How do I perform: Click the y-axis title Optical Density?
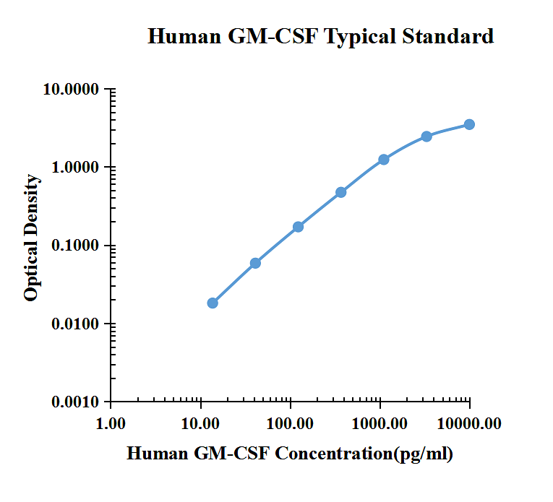(x=31, y=238)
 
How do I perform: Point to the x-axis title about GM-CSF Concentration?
(x=290, y=454)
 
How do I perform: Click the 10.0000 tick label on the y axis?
(x=70, y=90)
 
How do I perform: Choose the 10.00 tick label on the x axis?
(x=200, y=423)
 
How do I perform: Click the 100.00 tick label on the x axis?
(x=290, y=423)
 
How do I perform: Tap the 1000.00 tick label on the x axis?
(x=380, y=423)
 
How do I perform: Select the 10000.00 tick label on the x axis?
(x=469, y=423)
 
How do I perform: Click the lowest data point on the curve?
(x=213, y=303)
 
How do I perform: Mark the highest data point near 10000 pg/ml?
(x=469, y=124)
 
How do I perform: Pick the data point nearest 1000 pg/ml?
(x=384, y=159)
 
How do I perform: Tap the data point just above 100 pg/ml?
(x=298, y=227)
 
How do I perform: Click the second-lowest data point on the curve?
(x=255, y=263)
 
